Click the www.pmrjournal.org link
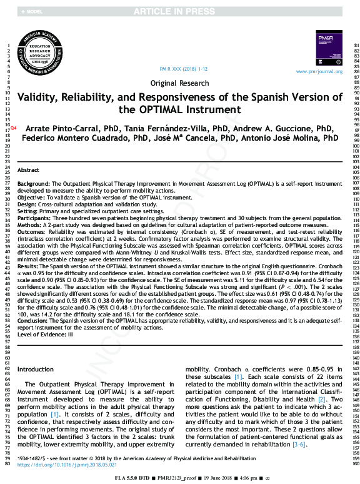319,72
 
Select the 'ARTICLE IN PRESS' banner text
180,12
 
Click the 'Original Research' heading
180,83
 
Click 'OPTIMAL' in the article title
174,109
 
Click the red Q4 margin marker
14,128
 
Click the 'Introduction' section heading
36,370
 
